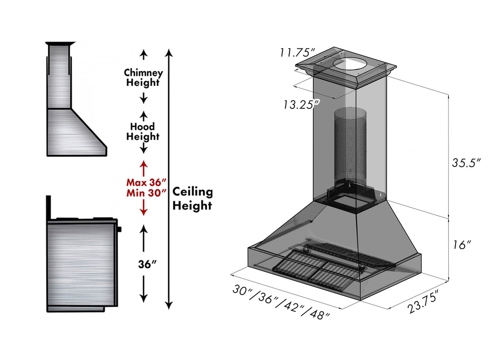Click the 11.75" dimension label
(x=297, y=53)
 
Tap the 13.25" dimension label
(x=301, y=105)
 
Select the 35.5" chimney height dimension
(x=466, y=162)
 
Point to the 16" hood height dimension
(x=462, y=245)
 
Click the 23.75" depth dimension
(x=423, y=302)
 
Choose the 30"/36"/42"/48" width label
(x=281, y=302)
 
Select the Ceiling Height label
(x=192, y=199)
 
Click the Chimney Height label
(x=143, y=78)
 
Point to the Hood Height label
(x=142, y=132)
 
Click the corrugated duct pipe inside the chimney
(x=350, y=147)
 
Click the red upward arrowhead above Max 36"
(x=143, y=164)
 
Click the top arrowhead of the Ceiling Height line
(x=169, y=52)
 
